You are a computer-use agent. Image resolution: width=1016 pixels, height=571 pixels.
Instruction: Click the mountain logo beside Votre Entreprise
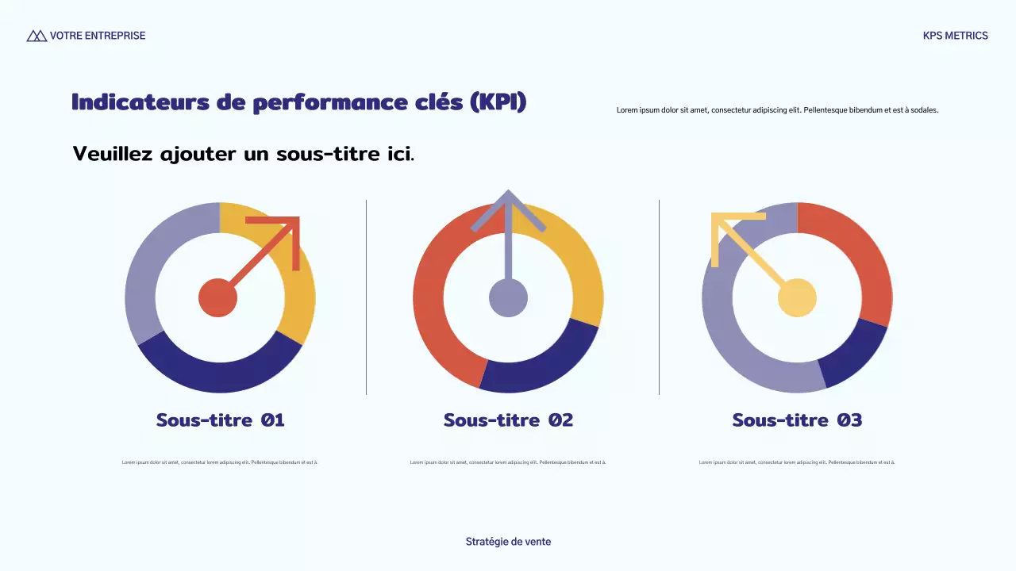(37, 36)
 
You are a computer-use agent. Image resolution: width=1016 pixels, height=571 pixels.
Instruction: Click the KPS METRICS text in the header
(955, 36)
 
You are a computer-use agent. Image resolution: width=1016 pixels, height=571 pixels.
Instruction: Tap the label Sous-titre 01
(220, 420)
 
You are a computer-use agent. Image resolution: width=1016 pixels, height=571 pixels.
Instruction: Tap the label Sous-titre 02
(508, 420)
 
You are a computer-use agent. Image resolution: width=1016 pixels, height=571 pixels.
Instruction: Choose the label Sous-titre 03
(797, 420)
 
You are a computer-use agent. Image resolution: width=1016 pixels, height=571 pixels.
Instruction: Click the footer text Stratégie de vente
(508, 542)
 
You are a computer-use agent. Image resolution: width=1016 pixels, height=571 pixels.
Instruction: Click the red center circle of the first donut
(217, 298)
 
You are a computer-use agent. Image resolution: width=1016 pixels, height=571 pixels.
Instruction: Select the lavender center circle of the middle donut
(508, 298)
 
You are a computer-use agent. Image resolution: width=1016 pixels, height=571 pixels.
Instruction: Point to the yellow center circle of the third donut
(797, 298)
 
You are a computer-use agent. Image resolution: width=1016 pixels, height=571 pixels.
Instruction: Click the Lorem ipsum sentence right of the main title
(777, 110)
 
